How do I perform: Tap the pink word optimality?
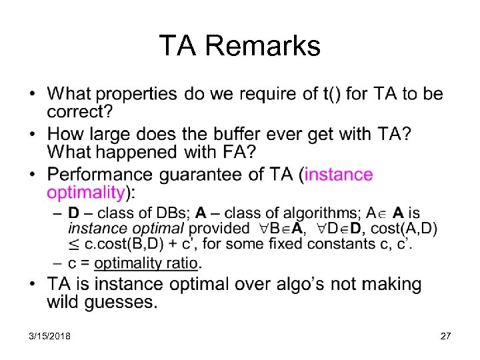pos(85,193)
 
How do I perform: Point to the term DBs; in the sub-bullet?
pos(172,213)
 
